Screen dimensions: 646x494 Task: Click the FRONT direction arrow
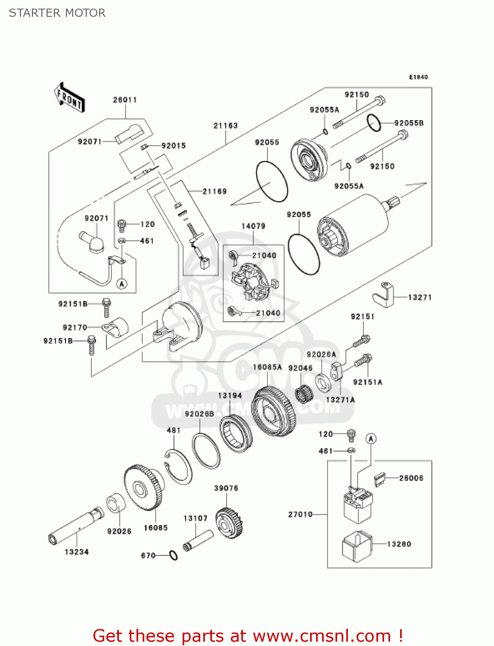tap(69, 98)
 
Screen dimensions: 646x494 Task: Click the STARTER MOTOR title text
tap(57, 13)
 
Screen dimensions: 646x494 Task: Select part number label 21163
tap(225, 126)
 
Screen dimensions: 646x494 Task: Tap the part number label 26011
tap(125, 100)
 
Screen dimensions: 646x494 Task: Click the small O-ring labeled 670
tap(173, 556)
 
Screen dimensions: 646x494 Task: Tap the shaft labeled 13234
tap(75, 525)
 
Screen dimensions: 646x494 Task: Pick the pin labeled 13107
tap(198, 540)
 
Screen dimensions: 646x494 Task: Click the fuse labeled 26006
tap(379, 479)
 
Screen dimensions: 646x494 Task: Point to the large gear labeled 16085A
tap(273, 412)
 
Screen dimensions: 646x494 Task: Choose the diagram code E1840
tap(418, 77)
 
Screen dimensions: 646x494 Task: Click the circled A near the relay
tap(371, 439)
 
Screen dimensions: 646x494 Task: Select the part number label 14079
tap(253, 226)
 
